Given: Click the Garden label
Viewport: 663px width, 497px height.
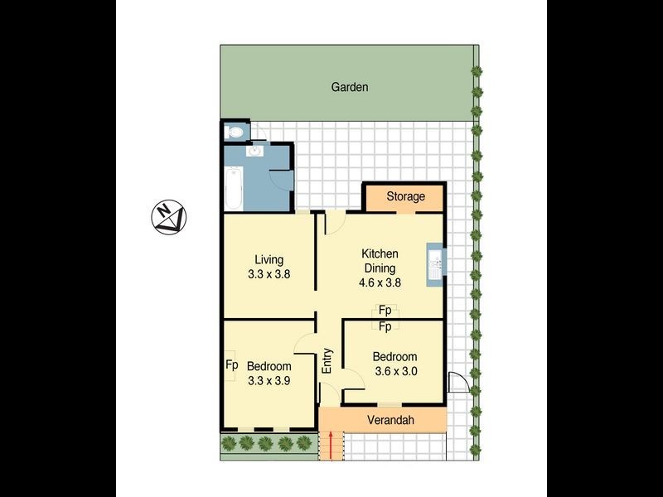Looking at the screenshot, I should tap(349, 87).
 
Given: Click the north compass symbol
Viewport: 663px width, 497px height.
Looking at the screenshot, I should tap(170, 217).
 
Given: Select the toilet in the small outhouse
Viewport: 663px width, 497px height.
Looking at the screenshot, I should tap(235, 132).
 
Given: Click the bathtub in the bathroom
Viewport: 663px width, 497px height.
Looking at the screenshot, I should tap(233, 188).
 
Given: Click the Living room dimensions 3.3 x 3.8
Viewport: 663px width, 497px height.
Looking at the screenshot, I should tap(269, 276).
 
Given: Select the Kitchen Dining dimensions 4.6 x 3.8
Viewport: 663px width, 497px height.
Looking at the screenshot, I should tap(380, 282).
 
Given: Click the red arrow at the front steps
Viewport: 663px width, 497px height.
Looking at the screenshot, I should tap(331, 446).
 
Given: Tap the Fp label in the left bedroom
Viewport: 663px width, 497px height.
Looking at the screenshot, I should tap(232, 364).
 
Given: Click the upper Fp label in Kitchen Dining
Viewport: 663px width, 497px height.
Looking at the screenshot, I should tap(385, 311).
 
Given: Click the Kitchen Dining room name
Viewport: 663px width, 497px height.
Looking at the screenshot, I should tap(380, 261).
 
